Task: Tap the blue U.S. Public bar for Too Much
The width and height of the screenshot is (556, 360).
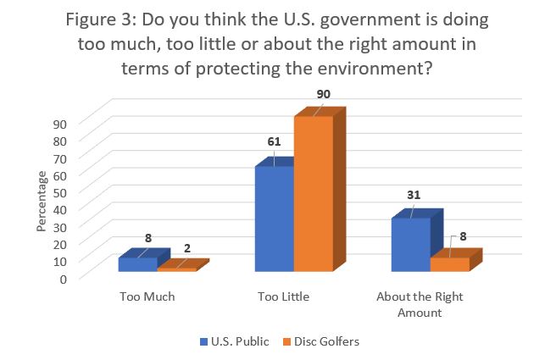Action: (137, 264)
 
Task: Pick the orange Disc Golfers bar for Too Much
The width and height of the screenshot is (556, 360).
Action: (176, 269)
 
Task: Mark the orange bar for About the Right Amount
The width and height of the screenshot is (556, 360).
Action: (449, 264)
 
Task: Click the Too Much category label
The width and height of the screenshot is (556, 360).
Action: (147, 297)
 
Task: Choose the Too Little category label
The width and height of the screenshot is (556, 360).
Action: (284, 297)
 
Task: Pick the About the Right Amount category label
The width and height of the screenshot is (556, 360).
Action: (420, 305)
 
